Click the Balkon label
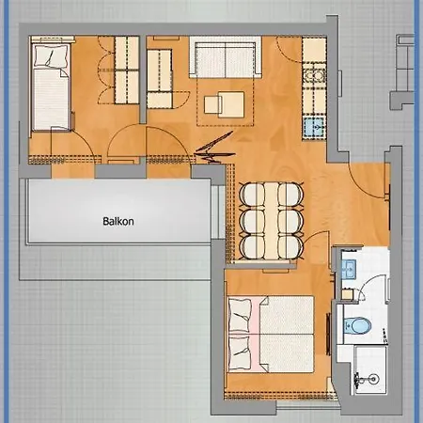coord(118,222)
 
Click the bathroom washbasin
coord(349,269)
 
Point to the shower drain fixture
coord(373,379)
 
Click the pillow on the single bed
coord(52,55)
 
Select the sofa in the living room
coord(226,57)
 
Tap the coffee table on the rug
coord(224,104)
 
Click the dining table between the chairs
coord(272,221)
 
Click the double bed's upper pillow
coord(241,316)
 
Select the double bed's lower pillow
coord(241,352)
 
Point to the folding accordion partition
coord(214,148)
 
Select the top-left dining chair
coord(253,196)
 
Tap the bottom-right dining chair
coord(290,247)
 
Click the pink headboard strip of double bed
coord(256,334)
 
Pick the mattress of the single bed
coord(51,99)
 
